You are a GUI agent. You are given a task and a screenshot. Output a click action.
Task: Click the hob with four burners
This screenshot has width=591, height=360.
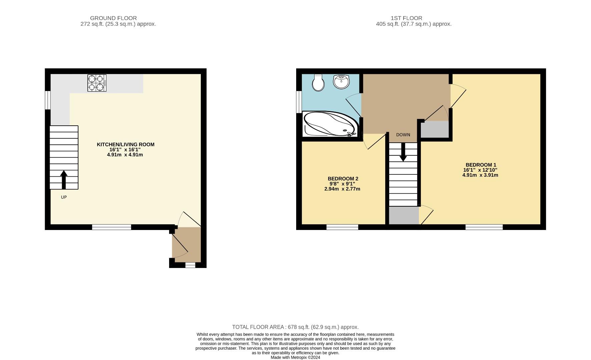(97, 83)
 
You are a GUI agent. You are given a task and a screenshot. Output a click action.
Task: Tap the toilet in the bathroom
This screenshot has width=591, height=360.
(318, 83)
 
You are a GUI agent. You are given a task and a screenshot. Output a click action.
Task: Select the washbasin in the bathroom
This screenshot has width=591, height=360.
(341, 82)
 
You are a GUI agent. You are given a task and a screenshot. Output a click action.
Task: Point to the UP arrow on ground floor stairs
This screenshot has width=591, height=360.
(64, 179)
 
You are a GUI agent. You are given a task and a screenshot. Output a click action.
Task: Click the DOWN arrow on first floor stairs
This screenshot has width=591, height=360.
(403, 152)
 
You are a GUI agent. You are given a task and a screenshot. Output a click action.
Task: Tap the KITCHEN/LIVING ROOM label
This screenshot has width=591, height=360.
(125, 145)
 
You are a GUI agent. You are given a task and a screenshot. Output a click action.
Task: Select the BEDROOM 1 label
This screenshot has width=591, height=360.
(481, 165)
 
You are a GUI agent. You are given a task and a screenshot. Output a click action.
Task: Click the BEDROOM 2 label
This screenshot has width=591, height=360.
(343, 179)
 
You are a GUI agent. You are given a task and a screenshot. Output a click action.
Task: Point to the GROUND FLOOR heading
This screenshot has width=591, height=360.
(113, 18)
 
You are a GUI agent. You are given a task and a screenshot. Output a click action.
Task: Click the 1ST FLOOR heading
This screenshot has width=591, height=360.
(406, 18)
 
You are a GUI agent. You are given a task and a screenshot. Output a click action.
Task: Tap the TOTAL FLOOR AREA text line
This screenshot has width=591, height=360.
(295, 327)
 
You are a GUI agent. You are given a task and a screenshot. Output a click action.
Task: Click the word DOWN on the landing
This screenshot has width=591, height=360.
(403, 135)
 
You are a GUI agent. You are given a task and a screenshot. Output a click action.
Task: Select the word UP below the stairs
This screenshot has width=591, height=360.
(64, 197)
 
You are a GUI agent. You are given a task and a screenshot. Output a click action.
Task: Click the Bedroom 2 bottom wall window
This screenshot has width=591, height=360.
(342, 227)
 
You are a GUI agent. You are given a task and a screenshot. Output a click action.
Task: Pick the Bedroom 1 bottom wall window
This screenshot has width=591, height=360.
(484, 227)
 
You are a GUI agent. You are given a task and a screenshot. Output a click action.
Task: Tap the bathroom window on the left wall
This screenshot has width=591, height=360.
(299, 102)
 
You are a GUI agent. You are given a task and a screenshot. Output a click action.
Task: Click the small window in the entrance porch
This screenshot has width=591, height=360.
(190, 265)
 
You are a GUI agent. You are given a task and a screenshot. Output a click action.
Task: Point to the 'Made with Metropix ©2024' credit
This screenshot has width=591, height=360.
(295, 358)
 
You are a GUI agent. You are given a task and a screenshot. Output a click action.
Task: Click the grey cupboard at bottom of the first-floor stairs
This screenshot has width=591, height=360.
(404, 216)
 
